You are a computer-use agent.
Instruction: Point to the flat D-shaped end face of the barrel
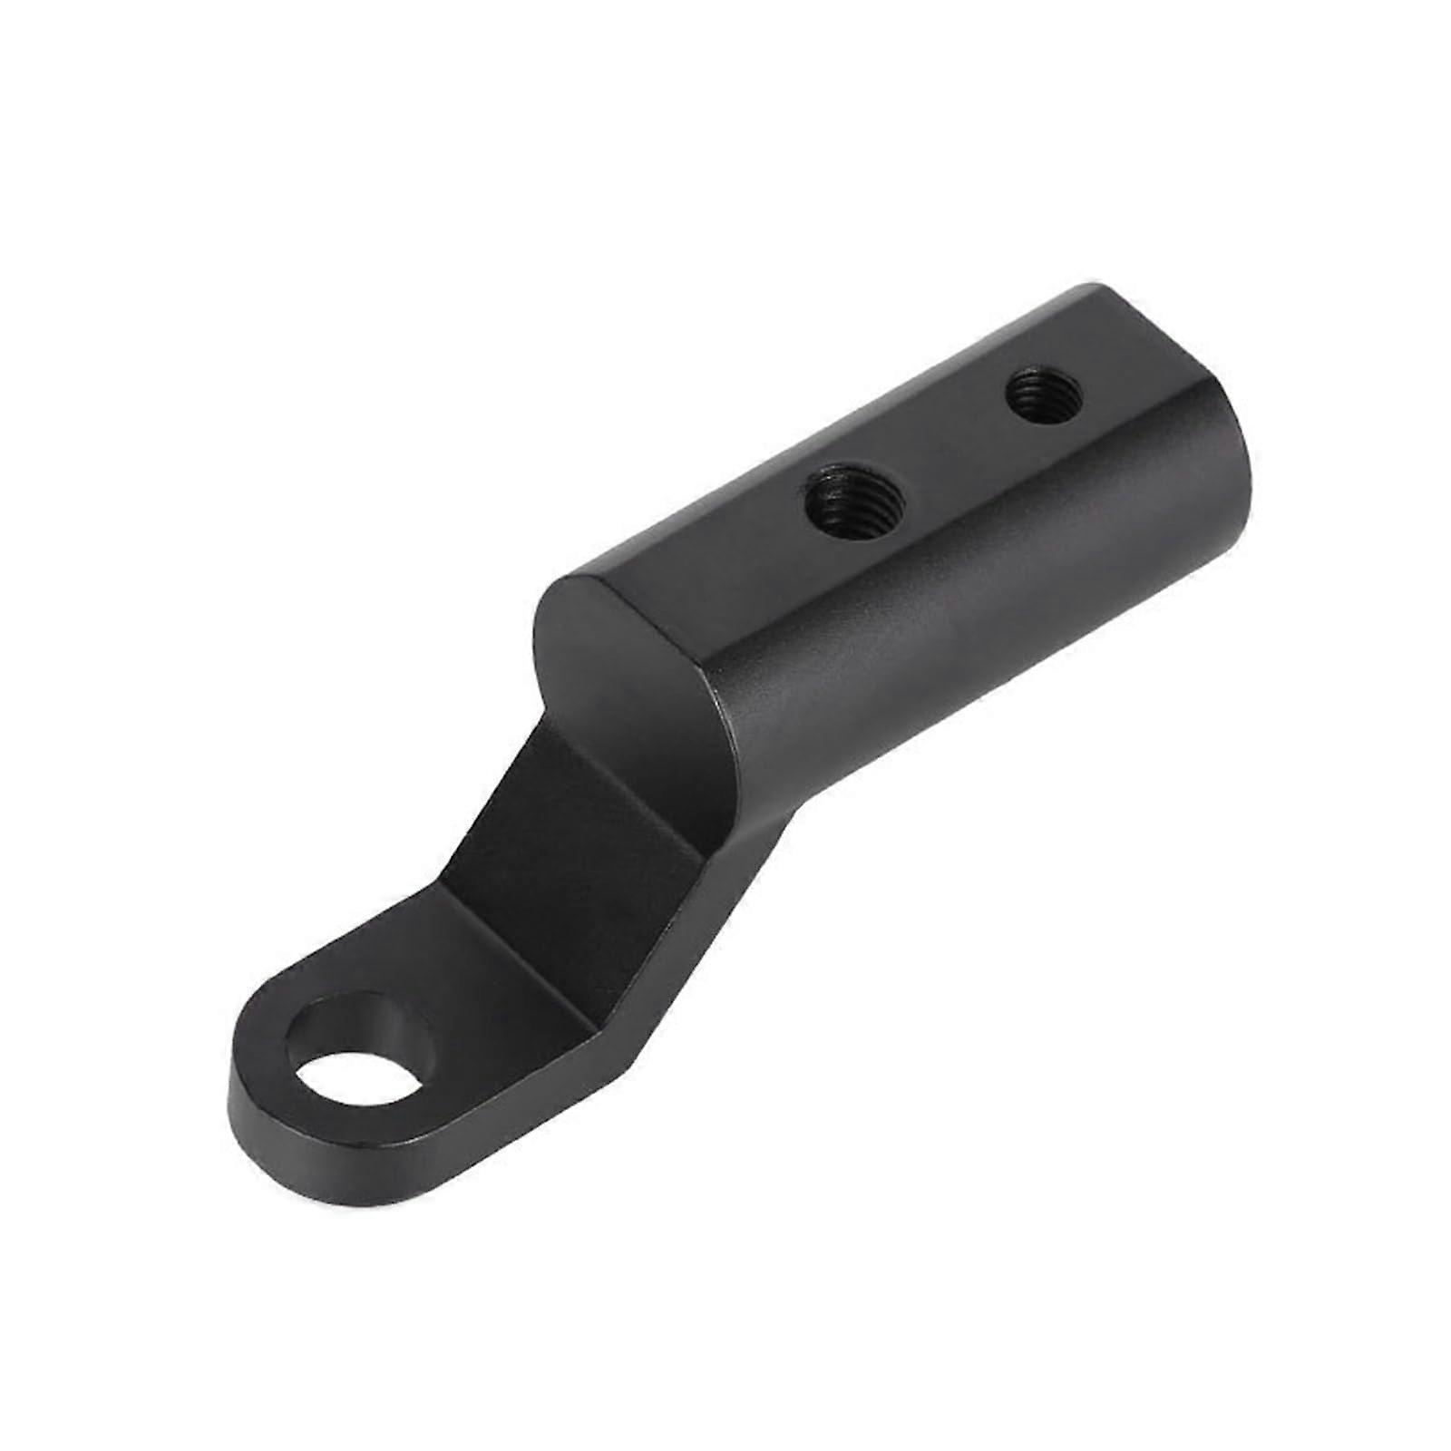pos(635,671)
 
